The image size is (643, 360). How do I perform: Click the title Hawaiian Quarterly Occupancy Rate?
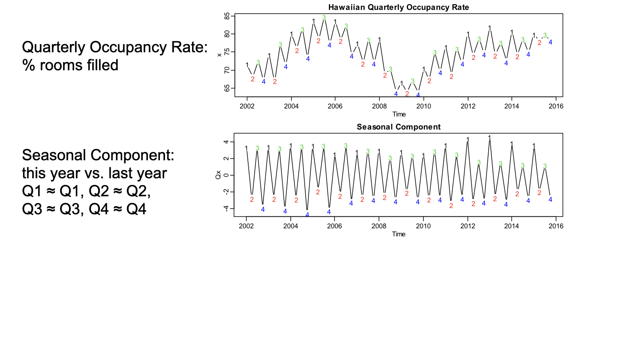pyautogui.click(x=398, y=7)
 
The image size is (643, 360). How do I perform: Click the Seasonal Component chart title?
pyautogui.click(x=398, y=127)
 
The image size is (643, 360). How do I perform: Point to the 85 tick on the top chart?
pyautogui.click(x=227, y=16)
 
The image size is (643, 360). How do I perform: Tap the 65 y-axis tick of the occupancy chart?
pyautogui.click(x=227, y=88)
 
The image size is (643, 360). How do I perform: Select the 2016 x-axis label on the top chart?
pyautogui.click(x=556, y=106)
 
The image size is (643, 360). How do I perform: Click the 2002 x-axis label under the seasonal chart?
pyautogui.click(x=246, y=226)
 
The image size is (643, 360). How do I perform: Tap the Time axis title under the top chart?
pyautogui.click(x=399, y=114)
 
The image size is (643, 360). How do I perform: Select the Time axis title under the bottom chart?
pyautogui.click(x=398, y=234)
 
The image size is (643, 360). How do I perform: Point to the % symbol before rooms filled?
pyautogui.click(x=29, y=65)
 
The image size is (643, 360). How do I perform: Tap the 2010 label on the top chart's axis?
pyautogui.click(x=424, y=106)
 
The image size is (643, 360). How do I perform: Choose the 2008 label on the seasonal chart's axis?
pyautogui.click(x=379, y=226)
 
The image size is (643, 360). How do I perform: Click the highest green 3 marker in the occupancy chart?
pyautogui.click(x=324, y=18)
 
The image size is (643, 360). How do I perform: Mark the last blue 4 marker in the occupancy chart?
pyautogui.click(x=550, y=42)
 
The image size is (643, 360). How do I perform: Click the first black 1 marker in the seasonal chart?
pyautogui.click(x=246, y=148)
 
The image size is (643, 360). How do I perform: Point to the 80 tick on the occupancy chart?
pyautogui.click(x=227, y=34)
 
